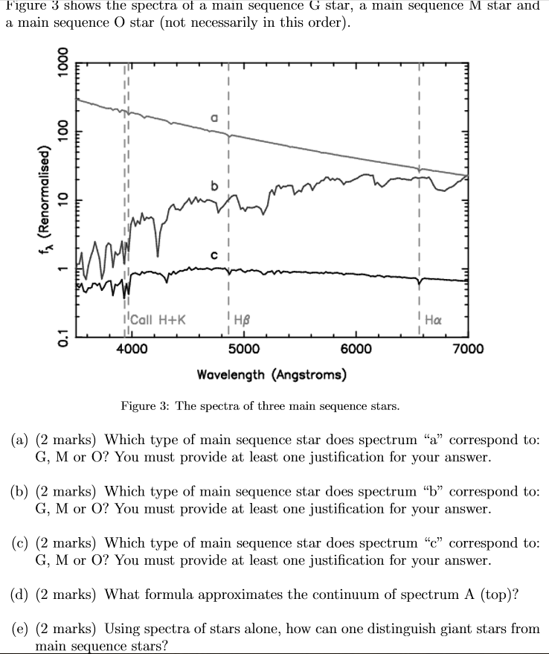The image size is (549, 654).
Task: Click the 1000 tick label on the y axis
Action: click(x=64, y=68)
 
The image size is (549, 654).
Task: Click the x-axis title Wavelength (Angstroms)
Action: click(x=271, y=374)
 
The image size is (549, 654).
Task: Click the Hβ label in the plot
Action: click(x=243, y=321)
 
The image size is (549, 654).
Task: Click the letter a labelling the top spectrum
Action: click(x=214, y=118)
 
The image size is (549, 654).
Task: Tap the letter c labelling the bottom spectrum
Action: click(x=214, y=255)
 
